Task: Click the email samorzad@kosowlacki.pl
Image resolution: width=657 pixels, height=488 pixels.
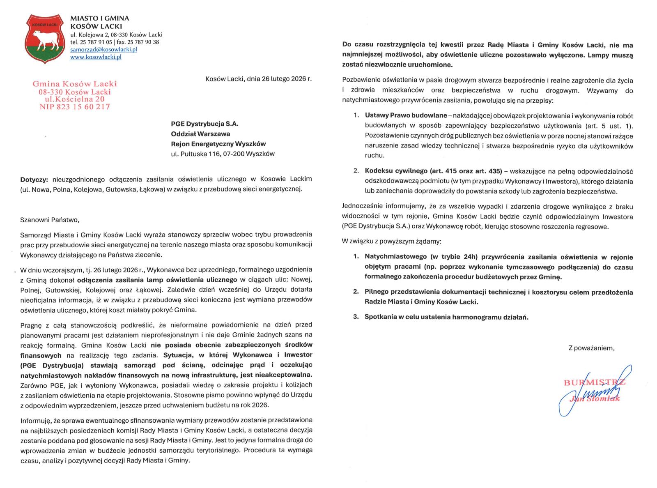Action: tap(103, 49)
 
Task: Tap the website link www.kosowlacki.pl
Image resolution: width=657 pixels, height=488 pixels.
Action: tap(96, 57)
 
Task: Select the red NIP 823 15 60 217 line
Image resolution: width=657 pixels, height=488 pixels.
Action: tap(74, 107)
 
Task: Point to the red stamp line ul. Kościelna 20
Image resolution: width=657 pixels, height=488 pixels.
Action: tap(74, 99)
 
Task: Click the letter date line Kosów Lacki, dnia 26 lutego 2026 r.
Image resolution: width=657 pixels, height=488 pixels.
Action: tap(258, 78)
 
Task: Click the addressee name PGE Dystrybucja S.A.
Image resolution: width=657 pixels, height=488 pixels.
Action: tap(204, 124)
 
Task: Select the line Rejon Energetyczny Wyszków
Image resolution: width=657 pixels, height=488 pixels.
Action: tap(218, 144)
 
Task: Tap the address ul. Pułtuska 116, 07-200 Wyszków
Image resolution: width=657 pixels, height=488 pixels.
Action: tap(223, 154)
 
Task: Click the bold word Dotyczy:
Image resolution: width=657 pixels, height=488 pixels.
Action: tap(34, 179)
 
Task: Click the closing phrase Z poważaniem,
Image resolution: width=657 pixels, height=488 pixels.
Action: tap(591, 348)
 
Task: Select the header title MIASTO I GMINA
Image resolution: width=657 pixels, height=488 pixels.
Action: tap(100, 18)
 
